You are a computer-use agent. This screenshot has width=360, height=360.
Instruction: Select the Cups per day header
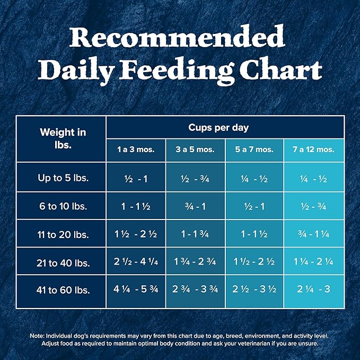pyautogui.click(x=225, y=128)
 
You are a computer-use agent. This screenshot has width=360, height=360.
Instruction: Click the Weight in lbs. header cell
pyautogui.click(x=63, y=138)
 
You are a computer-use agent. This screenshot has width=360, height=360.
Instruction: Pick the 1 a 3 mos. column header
pyautogui.click(x=136, y=150)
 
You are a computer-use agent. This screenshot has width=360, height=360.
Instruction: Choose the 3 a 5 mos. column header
pyautogui.click(x=196, y=150)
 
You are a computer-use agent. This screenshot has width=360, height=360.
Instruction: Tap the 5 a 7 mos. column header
pyautogui.click(x=255, y=150)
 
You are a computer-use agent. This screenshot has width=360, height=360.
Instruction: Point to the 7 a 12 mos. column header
pyautogui.click(x=314, y=150)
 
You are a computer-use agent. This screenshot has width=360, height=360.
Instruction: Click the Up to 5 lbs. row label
pyautogui.click(x=63, y=178)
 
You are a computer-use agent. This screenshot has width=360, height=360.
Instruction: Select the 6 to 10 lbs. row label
pyautogui.click(x=63, y=206)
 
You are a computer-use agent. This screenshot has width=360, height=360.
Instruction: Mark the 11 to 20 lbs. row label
pyautogui.click(x=63, y=234)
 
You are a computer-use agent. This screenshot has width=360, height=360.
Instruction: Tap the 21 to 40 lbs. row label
pyautogui.click(x=63, y=262)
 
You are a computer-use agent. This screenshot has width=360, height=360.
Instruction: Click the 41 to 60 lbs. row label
pyautogui.click(x=63, y=291)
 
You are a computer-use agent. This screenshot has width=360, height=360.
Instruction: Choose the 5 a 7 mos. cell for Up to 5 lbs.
pyautogui.click(x=255, y=179)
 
